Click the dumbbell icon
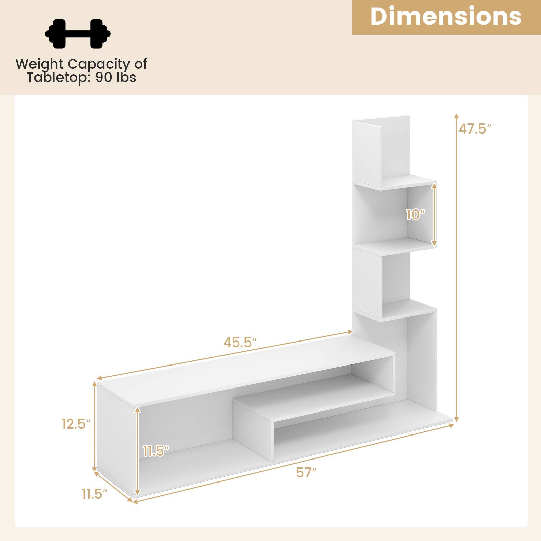pyautogui.click(x=78, y=33)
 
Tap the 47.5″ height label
pyautogui.click(x=474, y=129)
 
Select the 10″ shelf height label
pyautogui.click(x=415, y=214)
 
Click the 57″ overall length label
pyautogui.click(x=306, y=472)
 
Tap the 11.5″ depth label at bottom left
pyautogui.click(x=94, y=494)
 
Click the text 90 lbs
pyautogui.click(x=116, y=77)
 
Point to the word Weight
pyautogui.click(x=39, y=64)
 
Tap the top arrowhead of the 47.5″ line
pyautogui.click(x=456, y=116)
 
